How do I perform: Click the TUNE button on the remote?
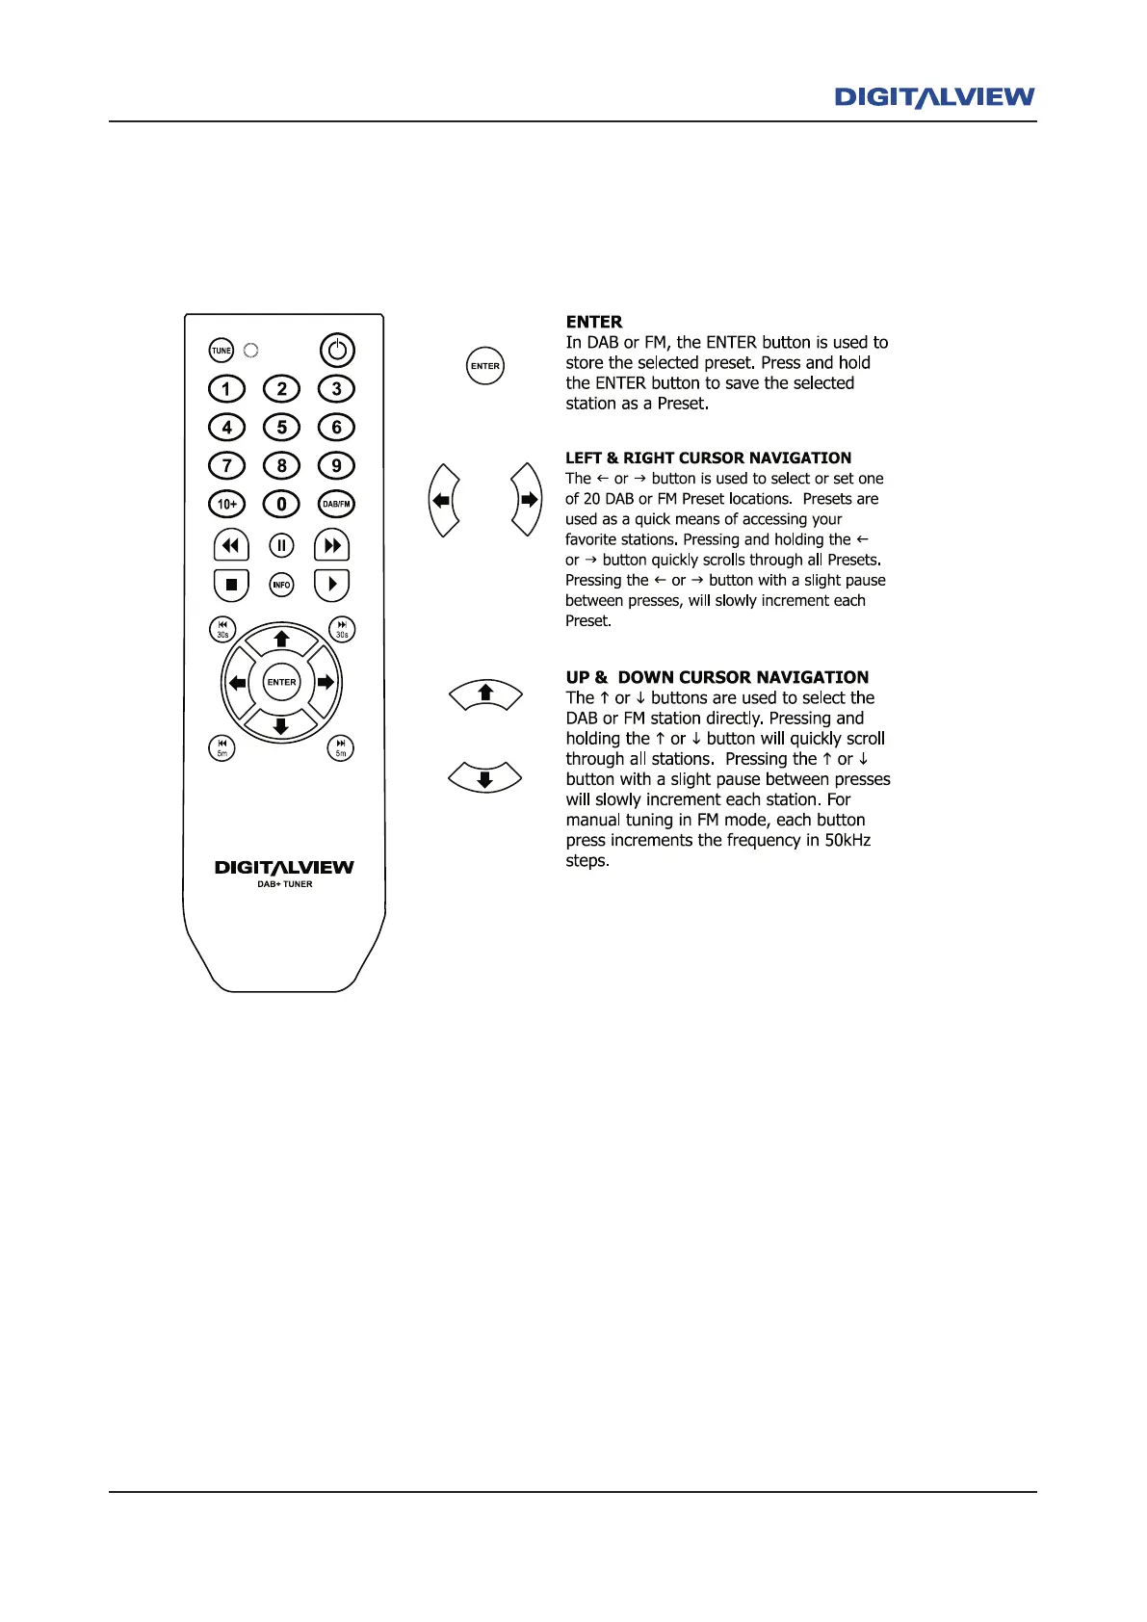222,351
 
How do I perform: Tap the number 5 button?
281,427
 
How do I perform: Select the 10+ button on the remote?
227,504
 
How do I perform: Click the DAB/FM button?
336,504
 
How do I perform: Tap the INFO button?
281,585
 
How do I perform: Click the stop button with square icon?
231,585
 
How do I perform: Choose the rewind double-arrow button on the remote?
231,546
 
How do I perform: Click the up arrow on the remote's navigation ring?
281,639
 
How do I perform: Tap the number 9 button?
336,465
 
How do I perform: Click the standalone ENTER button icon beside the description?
485,366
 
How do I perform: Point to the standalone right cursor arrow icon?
528,500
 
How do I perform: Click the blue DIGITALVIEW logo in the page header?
934,97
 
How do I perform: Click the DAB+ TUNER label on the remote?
284,884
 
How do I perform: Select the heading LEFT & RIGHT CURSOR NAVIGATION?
708,458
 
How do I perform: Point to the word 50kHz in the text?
847,841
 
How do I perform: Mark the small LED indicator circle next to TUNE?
251,351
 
